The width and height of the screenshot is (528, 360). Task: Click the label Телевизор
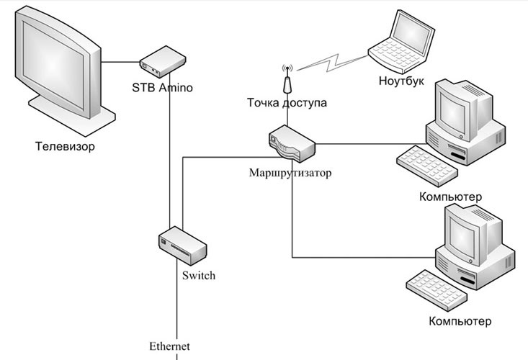tap(65, 147)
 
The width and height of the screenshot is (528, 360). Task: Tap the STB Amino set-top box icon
tap(159, 60)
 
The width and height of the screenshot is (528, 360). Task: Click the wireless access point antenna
tap(286, 80)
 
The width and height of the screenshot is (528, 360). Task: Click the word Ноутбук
tap(403, 80)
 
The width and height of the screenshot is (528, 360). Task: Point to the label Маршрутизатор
tap(290, 173)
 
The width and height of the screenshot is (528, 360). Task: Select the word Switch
tap(199, 276)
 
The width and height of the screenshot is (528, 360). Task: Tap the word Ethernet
tap(169, 346)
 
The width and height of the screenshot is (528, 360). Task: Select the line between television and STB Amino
tap(120, 62)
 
